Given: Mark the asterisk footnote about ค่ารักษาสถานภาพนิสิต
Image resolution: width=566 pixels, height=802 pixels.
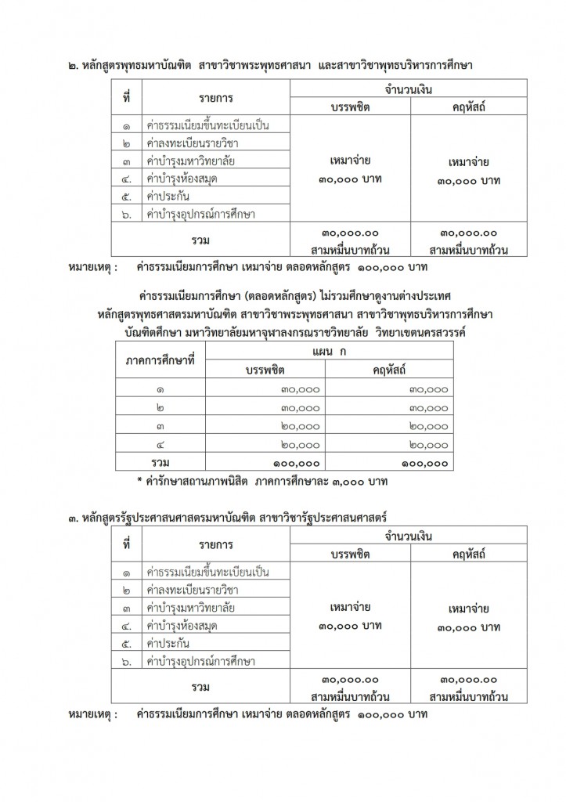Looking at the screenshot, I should pyautogui.click(x=267, y=479).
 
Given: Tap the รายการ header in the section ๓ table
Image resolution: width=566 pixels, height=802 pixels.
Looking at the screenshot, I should pyautogui.click(x=215, y=545).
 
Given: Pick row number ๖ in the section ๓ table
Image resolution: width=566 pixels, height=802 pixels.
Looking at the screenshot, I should pyautogui.click(x=127, y=662).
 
